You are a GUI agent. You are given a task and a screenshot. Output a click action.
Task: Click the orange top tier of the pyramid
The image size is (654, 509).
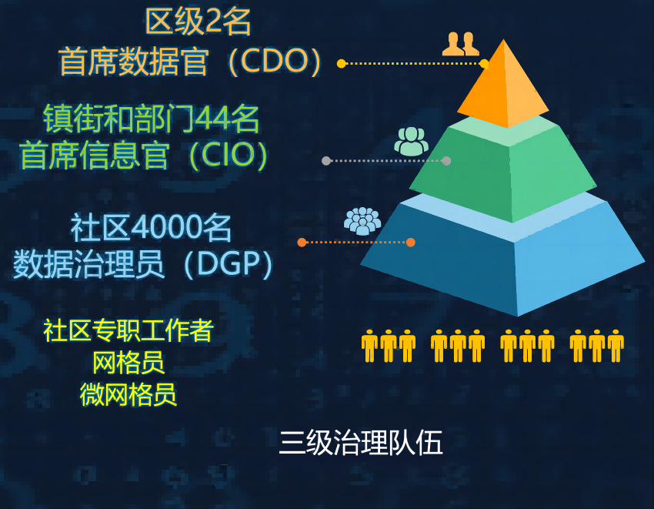(504, 89)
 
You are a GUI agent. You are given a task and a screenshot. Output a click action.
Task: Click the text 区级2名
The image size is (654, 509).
(199, 23)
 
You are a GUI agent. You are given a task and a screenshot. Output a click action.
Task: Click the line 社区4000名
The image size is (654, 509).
(151, 229)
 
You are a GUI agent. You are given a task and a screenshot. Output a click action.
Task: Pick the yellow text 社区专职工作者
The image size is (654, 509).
(128, 330)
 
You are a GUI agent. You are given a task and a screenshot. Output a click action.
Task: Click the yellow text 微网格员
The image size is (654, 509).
(128, 394)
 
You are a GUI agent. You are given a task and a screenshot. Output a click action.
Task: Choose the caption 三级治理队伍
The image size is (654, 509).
(361, 444)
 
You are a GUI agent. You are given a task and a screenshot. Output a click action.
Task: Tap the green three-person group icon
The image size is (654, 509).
(412, 140)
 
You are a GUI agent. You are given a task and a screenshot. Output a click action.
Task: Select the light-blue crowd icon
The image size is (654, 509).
(362, 221)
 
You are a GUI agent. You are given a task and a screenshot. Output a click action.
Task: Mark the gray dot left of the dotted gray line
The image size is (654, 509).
(326, 161)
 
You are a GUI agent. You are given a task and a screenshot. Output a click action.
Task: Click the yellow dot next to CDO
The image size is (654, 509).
(342, 64)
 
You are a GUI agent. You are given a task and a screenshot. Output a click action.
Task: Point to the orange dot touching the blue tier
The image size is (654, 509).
(411, 242)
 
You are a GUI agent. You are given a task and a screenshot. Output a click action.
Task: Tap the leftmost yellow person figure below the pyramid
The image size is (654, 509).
(370, 346)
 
